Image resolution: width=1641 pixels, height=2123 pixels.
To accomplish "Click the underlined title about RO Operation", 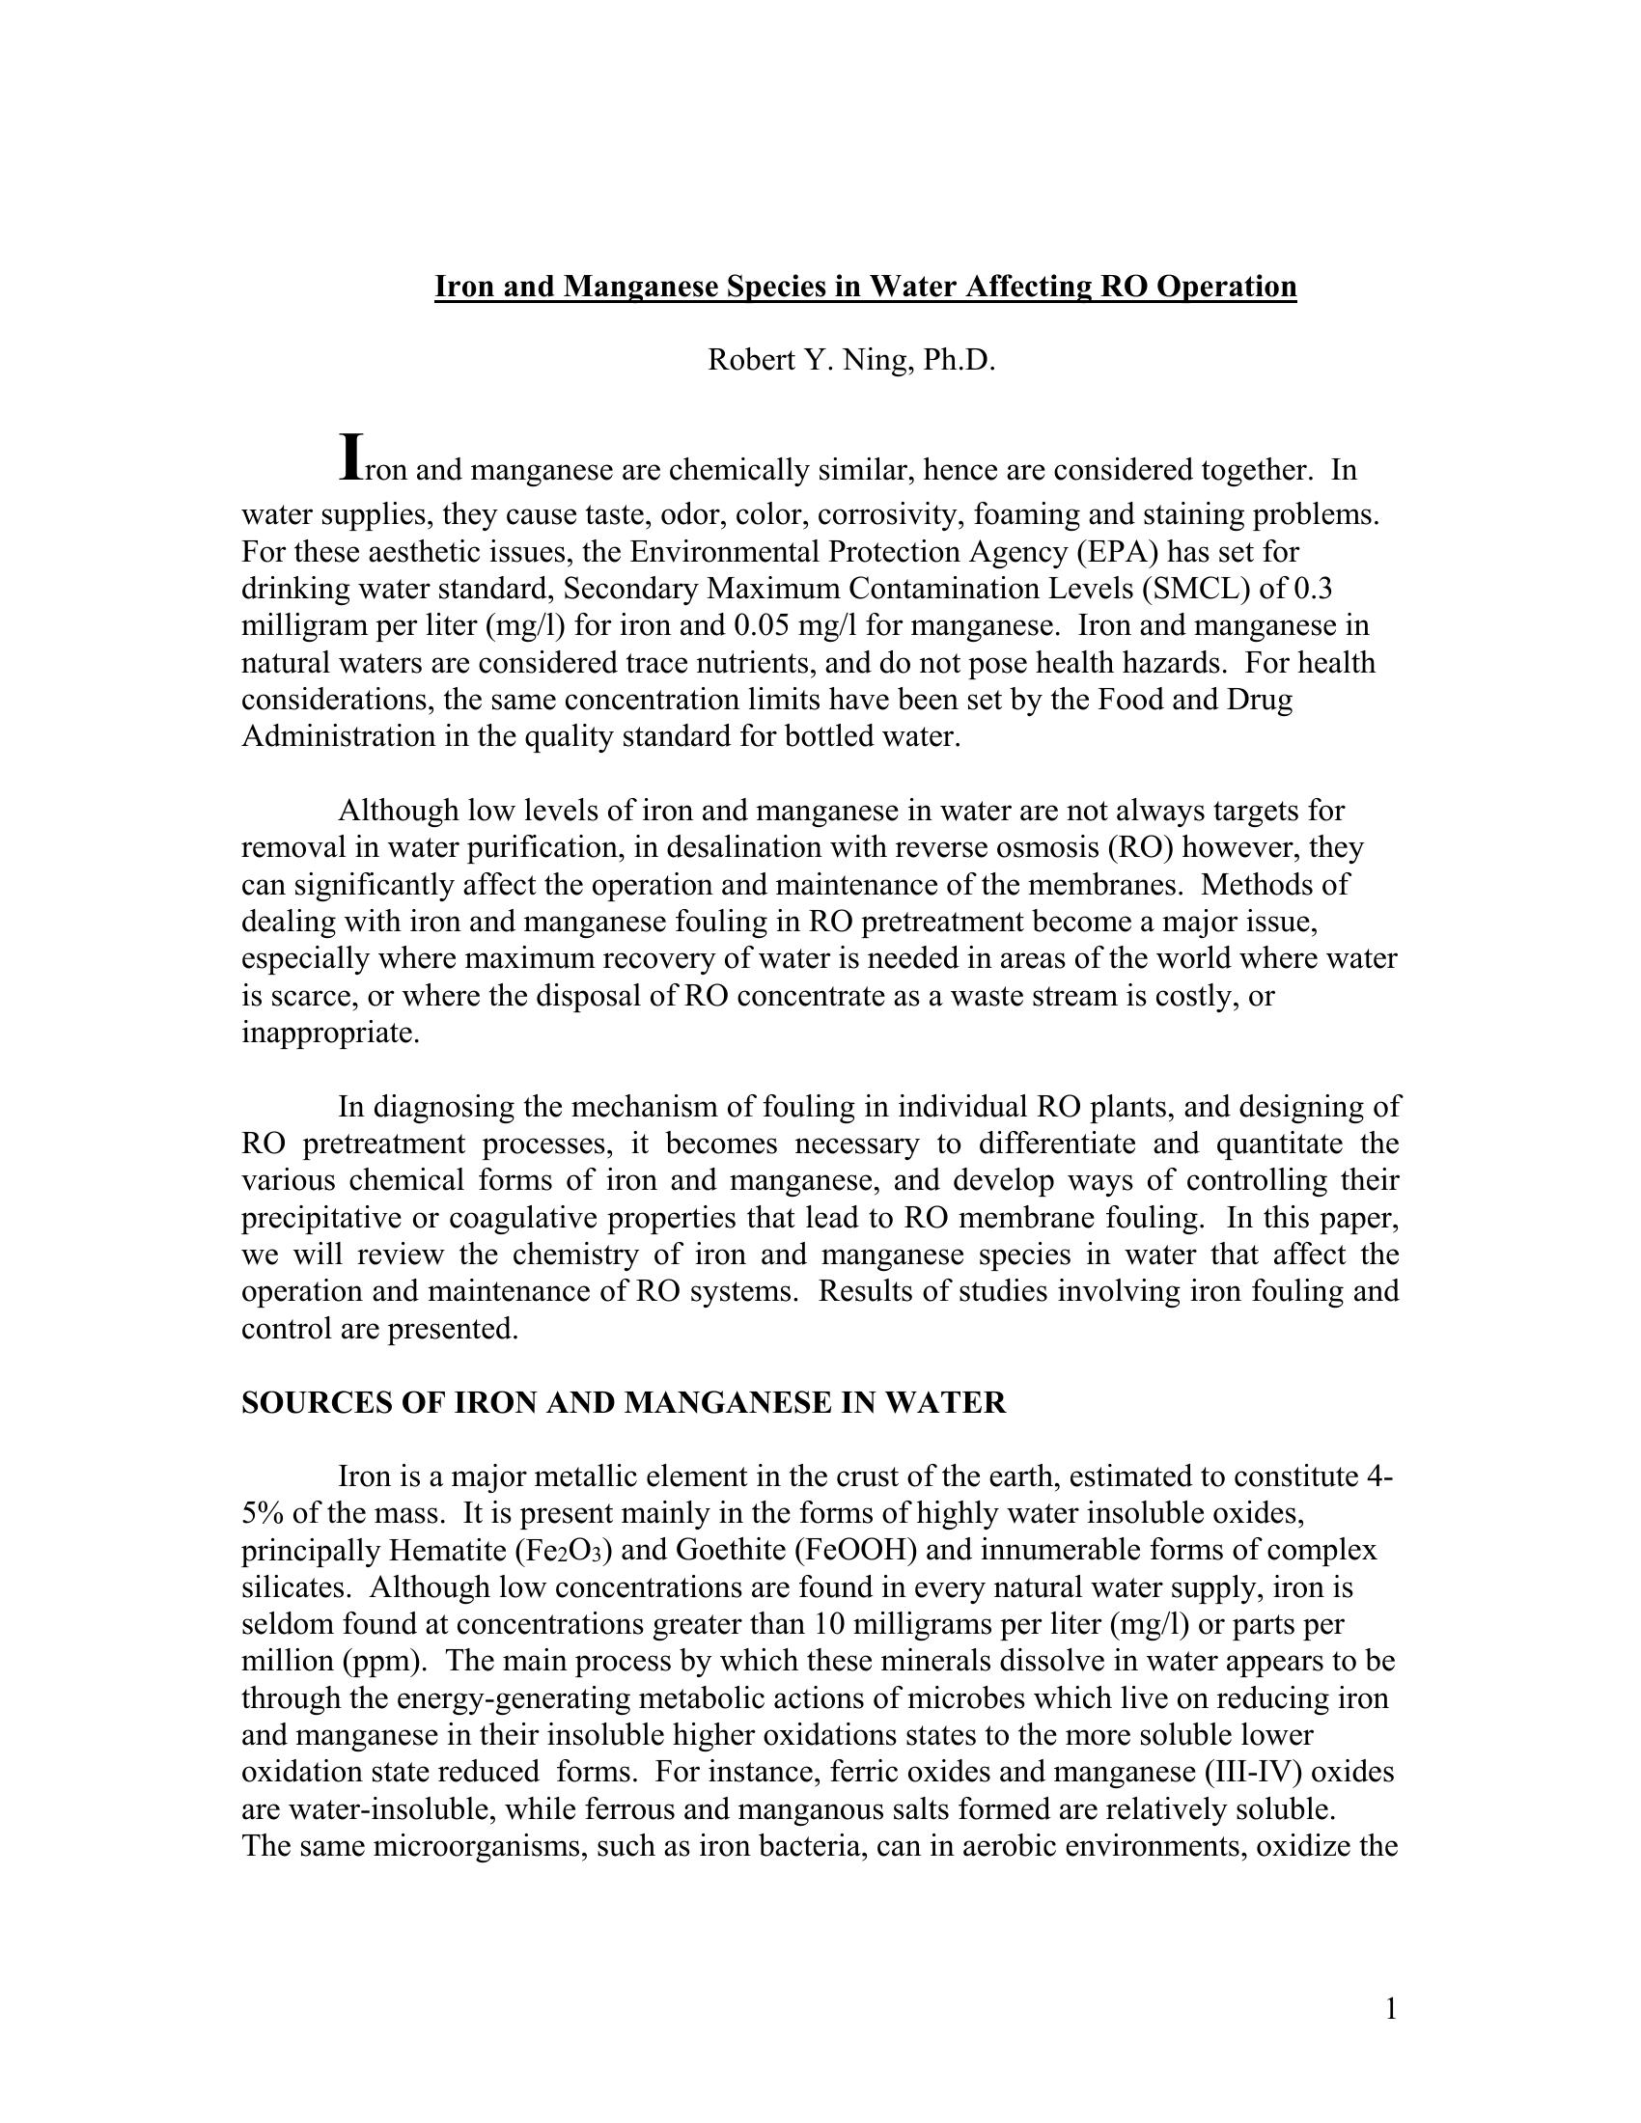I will [864, 287].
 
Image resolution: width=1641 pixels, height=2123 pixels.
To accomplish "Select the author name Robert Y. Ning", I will [850, 361].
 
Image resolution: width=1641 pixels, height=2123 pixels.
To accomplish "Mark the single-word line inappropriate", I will [330, 1033].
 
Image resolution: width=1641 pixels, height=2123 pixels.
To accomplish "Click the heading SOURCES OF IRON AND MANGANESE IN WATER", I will [624, 1403].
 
